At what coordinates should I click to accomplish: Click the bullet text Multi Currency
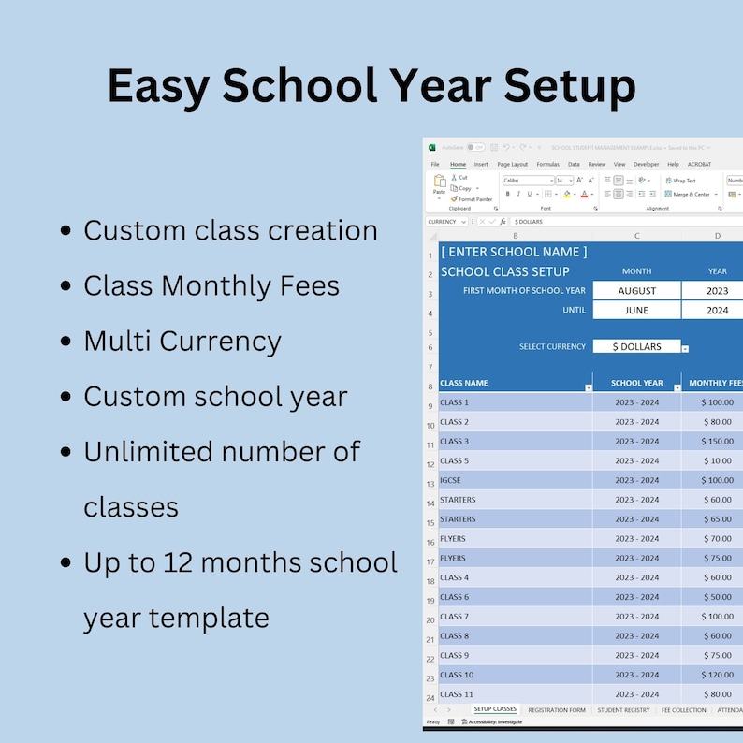[x=182, y=341]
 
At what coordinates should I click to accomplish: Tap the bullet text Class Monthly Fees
[x=211, y=285]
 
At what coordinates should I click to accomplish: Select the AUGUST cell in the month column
[x=636, y=291]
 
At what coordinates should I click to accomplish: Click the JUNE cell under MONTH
[x=636, y=311]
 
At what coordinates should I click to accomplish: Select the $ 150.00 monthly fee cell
[x=718, y=442]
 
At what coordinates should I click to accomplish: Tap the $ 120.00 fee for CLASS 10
[x=718, y=675]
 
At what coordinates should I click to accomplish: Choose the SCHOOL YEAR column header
[x=636, y=383]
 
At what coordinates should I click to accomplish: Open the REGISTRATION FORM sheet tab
[x=557, y=710]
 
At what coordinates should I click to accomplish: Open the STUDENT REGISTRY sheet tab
[x=623, y=710]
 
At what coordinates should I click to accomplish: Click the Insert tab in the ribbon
[x=481, y=164]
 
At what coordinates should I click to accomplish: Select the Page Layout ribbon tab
[x=512, y=164]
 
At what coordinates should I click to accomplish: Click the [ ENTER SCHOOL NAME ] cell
[x=514, y=252]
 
